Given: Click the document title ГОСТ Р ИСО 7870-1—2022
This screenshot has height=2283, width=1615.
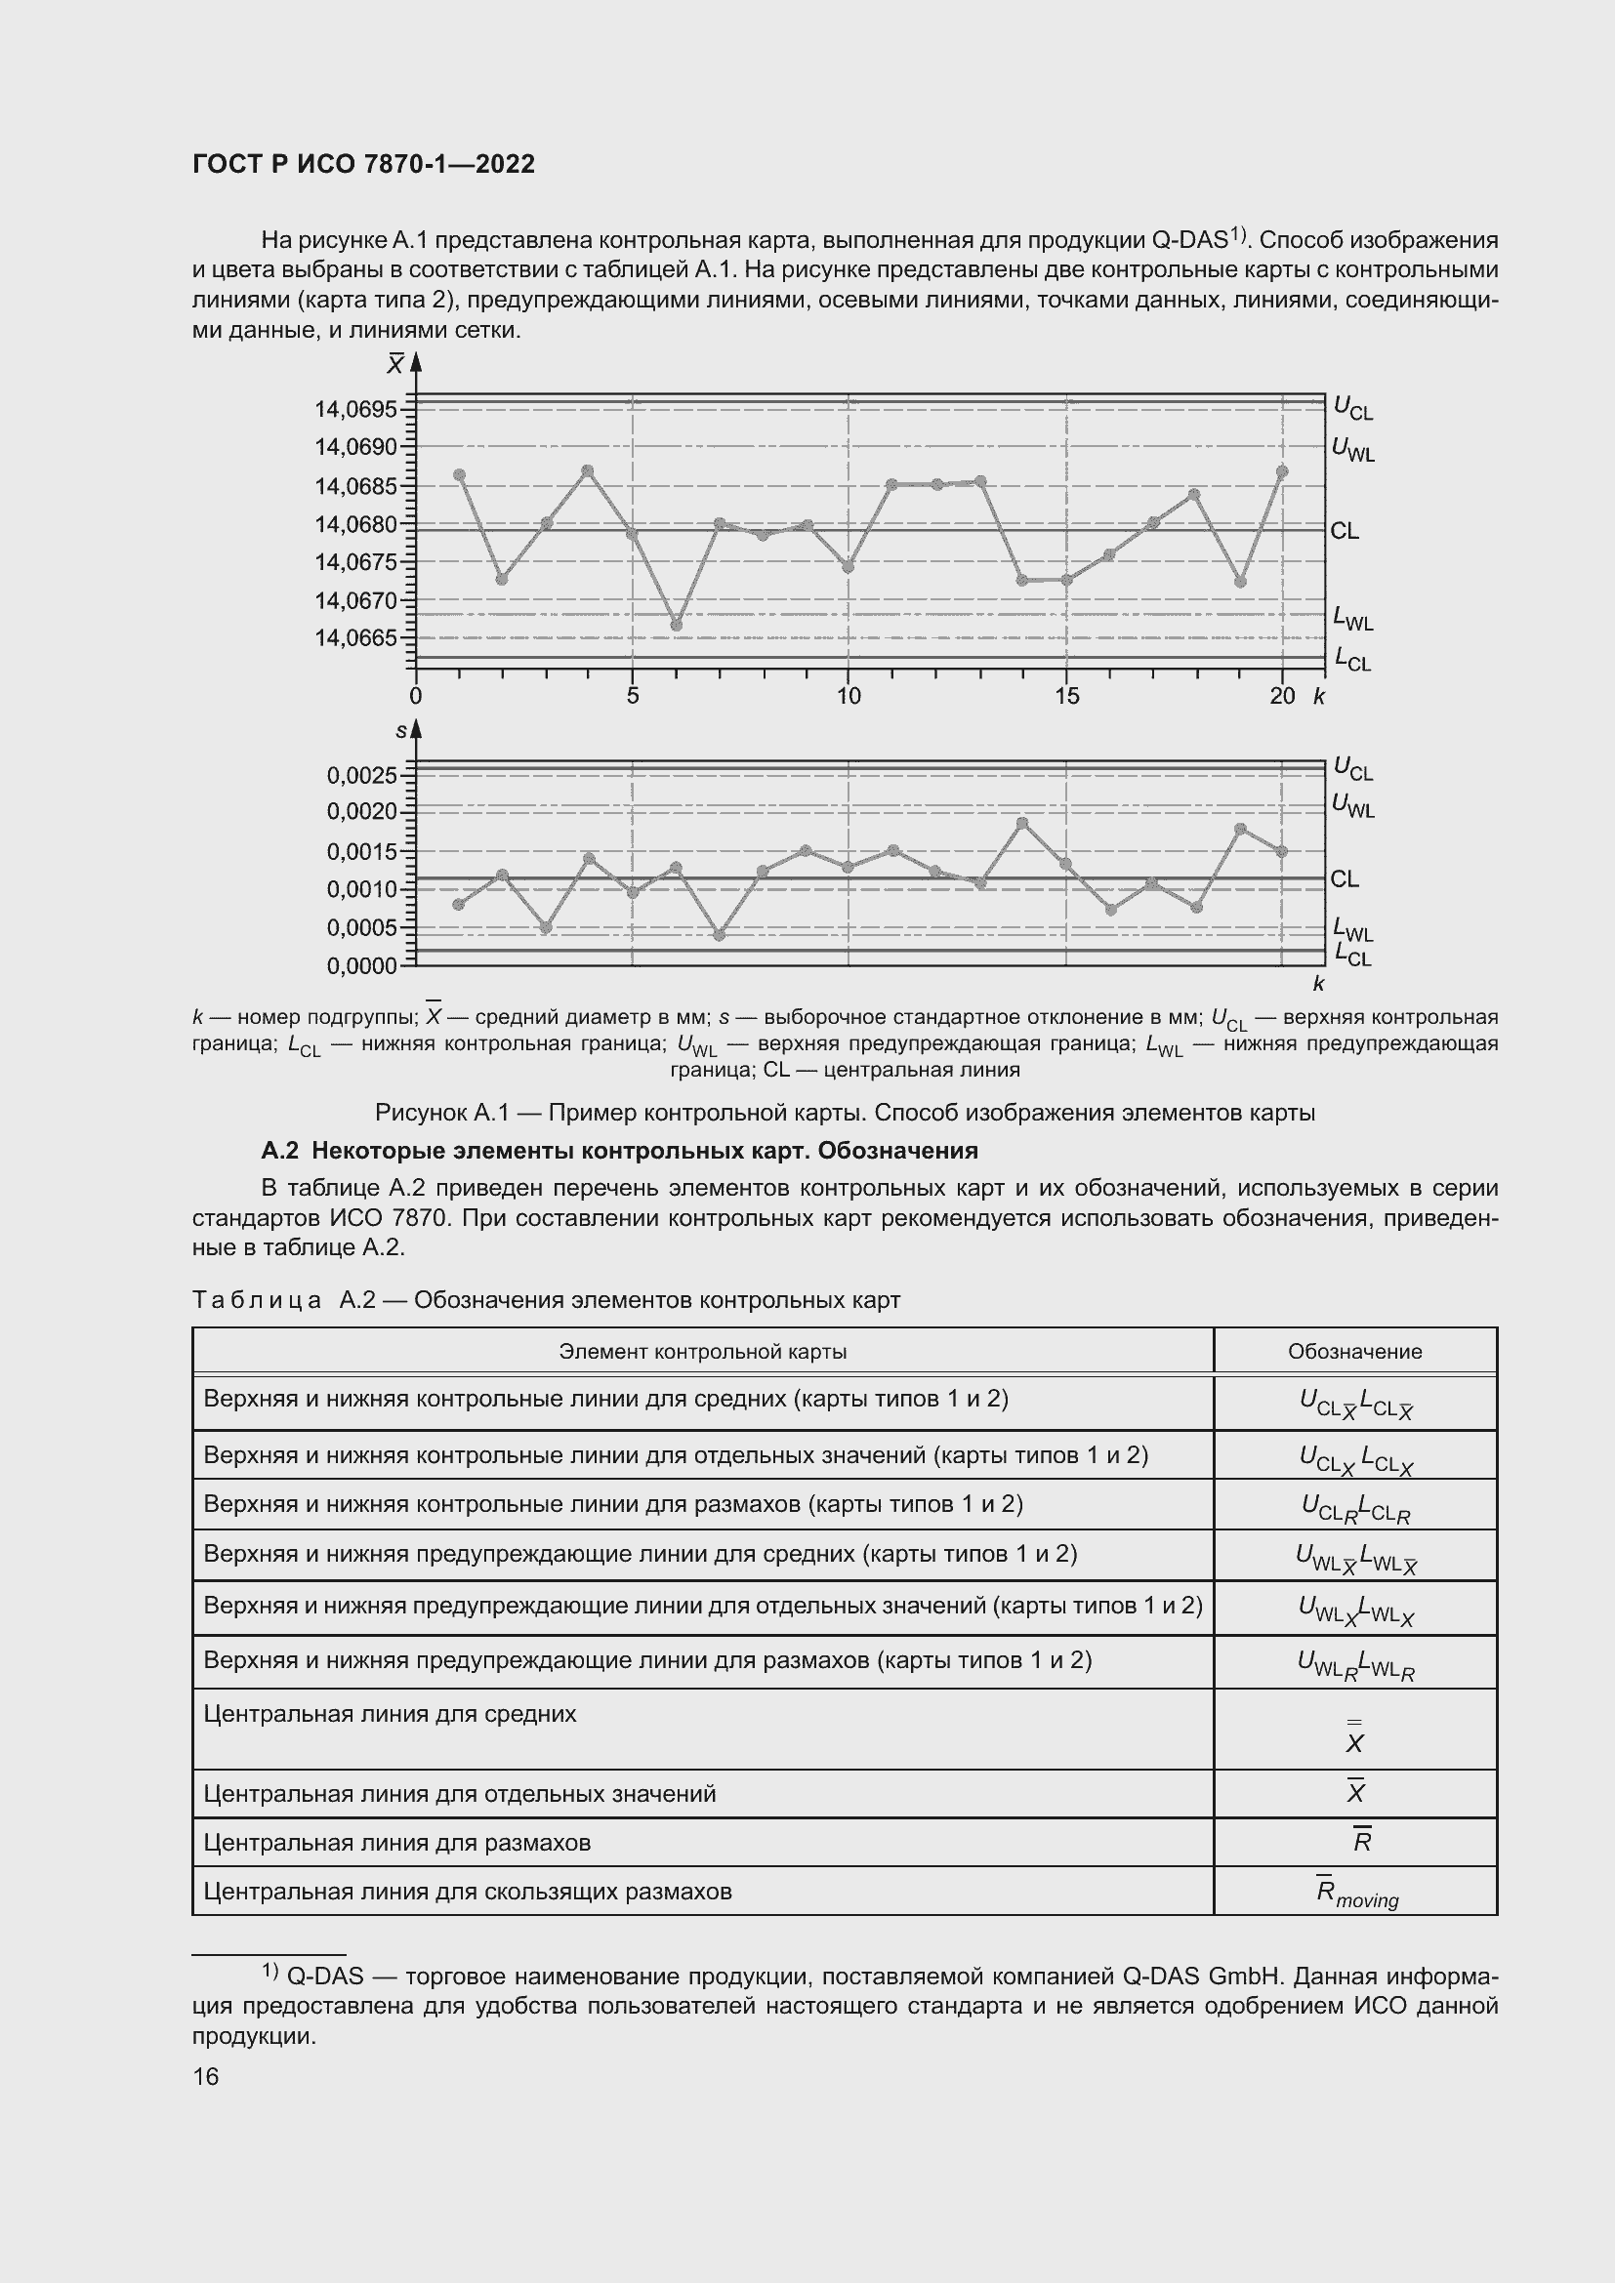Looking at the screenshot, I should point(363,164).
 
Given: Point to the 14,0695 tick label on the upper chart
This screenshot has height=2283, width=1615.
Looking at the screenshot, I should point(355,410).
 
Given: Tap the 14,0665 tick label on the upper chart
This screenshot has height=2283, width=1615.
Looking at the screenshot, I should point(355,637).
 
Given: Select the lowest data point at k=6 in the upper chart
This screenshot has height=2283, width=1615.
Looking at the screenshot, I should point(677,626).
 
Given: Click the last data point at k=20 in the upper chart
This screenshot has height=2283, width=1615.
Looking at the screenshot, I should point(1282,471).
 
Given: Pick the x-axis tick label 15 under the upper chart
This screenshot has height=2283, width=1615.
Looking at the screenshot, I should point(1066,696).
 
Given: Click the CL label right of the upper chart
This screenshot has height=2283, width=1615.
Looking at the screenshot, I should point(1345,531).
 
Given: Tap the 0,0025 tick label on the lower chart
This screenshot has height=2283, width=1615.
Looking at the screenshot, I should point(361,775).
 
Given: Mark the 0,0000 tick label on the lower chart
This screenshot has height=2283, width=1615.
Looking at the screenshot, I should point(361,965).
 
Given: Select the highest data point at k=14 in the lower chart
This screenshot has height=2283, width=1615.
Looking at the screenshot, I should point(1022,822).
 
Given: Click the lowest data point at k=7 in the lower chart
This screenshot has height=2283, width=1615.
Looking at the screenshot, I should point(719,935).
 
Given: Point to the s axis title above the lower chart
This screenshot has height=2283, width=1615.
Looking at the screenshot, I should point(400,731).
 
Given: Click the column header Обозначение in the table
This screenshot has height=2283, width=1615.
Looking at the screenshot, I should point(1354,1351).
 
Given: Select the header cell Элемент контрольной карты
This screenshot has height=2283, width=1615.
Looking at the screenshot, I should point(702,1351).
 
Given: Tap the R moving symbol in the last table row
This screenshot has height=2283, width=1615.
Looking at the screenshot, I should point(1356,1893).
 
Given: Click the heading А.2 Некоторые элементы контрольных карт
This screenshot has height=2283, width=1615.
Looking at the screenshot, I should point(618,1151).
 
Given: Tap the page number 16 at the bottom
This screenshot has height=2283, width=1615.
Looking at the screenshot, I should point(206,2076).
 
